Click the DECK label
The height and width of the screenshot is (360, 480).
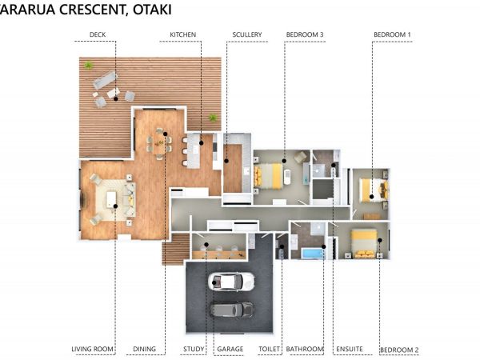point(98,34)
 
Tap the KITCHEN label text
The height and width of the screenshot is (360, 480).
point(182,34)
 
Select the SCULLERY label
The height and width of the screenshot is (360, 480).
point(247,34)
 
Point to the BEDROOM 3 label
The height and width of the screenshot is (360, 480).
point(305,34)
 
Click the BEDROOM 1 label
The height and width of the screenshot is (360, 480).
point(392,34)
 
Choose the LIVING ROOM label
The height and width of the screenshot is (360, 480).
point(92,349)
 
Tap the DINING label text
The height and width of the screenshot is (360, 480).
point(145,349)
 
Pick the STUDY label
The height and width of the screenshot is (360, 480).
point(194,349)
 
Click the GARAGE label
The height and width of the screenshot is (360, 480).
point(230,349)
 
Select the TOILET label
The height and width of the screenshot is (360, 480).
point(269,349)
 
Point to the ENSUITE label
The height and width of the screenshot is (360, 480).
point(350,349)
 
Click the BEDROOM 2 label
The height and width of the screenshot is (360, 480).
point(399,350)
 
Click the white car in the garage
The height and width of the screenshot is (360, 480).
point(231,282)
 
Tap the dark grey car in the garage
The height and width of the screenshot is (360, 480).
point(232,310)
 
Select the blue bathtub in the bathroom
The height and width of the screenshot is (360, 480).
point(313,254)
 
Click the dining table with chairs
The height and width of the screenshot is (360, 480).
point(159,144)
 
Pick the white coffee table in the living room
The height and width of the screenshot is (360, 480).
point(111,199)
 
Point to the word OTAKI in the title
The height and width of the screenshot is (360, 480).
point(152,9)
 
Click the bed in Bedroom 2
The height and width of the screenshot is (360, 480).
point(364,244)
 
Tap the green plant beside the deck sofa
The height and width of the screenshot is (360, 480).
point(89,65)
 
